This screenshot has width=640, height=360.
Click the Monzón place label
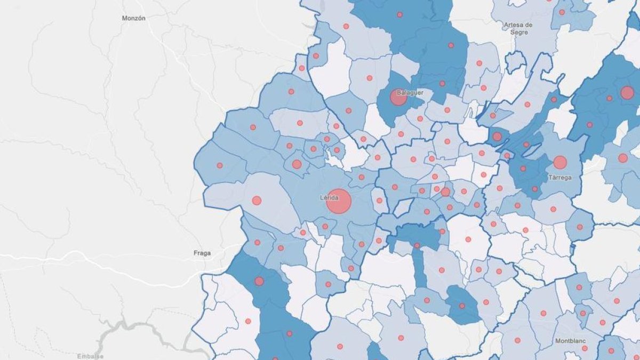133,18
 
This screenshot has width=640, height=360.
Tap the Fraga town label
201,253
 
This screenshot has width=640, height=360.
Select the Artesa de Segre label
518,28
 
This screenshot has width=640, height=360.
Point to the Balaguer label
411,92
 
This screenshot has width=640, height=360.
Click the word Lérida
330,197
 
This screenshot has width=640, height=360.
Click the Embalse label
90,356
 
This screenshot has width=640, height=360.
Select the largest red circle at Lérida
339,202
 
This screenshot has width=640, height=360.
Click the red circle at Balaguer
398,97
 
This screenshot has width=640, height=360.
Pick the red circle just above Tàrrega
559,162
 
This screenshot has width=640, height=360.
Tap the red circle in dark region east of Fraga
259,281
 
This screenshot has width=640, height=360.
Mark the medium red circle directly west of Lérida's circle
257,201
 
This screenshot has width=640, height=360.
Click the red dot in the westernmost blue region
219,165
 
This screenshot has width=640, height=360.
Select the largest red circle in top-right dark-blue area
627,93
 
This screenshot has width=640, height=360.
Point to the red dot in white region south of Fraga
247,321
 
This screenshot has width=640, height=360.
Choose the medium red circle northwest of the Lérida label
297,164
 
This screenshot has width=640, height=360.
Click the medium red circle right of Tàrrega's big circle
623,158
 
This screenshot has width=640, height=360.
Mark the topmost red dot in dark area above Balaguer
399,14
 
